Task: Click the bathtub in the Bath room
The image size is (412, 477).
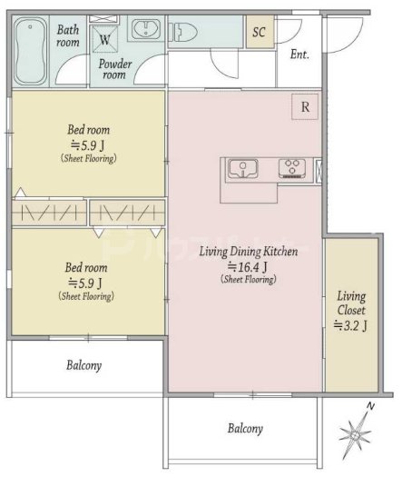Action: click(x=30, y=51)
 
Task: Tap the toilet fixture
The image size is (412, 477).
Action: click(x=183, y=31)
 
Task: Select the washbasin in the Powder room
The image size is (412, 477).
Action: click(x=146, y=29)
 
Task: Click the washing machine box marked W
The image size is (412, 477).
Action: click(x=105, y=39)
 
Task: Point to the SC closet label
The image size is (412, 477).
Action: click(x=259, y=32)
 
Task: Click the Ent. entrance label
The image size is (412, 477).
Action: click(x=299, y=55)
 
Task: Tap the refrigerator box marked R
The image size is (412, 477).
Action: click(x=305, y=107)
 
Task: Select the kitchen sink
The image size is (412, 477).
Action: click(x=243, y=168)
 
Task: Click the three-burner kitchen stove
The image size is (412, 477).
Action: click(x=292, y=168)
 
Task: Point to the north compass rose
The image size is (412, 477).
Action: click(x=356, y=432)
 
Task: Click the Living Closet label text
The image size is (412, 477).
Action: click(x=351, y=303)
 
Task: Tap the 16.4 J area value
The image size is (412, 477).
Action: click(x=248, y=267)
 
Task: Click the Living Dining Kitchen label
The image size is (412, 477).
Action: click(x=249, y=252)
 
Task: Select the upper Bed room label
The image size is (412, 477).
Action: click(x=88, y=130)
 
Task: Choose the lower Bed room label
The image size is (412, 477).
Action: click(x=86, y=268)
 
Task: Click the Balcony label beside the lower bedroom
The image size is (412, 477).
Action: click(x=83, y=365)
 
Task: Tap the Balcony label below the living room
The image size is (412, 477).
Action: click(x=245, y=428)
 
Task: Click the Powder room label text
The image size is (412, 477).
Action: click(x=115, y=69)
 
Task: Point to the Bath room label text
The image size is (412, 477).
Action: click(x=68, y=36)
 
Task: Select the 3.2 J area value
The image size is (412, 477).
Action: click(x=350, y=325)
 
